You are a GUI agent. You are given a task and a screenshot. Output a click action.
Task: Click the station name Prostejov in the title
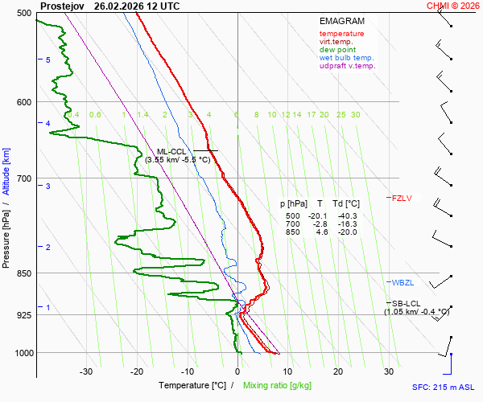tap(61, 6)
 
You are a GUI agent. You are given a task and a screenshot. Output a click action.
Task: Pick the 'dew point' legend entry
tap(337, 50)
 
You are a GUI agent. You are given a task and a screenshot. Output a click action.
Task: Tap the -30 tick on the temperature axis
tap(86, 371)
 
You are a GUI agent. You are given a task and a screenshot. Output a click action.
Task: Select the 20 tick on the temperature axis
tap(338, 371)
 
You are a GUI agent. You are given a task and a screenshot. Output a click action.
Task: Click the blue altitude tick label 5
tap(48, 60)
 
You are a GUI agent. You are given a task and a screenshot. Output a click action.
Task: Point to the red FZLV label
tap(402, 198)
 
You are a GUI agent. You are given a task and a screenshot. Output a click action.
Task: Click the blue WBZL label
tap(402, 282)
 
